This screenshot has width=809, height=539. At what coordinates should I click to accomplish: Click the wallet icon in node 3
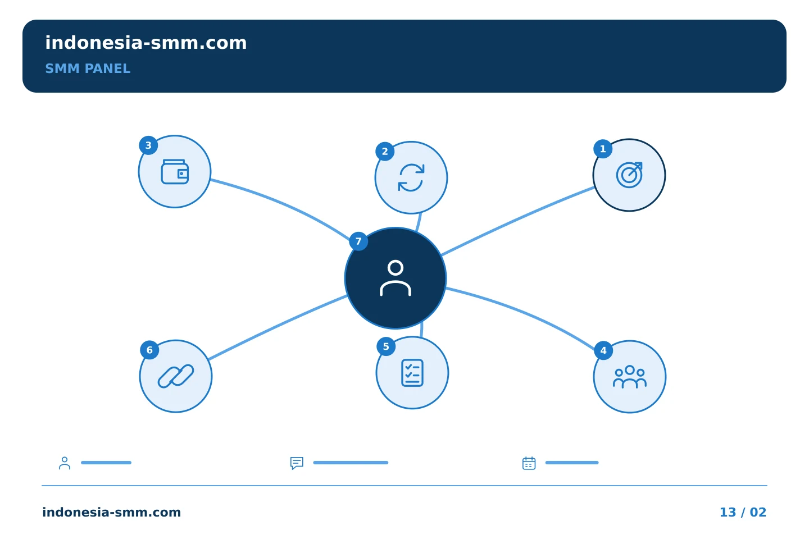175,172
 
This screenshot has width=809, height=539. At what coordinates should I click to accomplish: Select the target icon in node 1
629,175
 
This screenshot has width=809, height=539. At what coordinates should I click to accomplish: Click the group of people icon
629,377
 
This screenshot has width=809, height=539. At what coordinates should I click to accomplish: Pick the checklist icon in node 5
412,373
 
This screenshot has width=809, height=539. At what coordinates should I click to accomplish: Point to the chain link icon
176,376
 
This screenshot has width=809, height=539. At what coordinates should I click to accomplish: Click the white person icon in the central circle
396,278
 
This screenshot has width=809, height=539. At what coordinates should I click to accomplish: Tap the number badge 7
358,241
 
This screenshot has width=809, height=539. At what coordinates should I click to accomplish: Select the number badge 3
148,145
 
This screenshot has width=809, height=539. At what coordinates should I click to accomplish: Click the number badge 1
603,149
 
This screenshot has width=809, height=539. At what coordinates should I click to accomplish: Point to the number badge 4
603,350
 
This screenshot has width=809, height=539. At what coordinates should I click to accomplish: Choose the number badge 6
149,350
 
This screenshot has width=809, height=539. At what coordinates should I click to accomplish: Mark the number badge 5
386,346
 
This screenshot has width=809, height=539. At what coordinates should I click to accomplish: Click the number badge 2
385,152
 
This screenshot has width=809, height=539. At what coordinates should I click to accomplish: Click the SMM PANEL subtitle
88,68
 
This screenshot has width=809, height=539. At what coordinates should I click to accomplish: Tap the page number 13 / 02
743,512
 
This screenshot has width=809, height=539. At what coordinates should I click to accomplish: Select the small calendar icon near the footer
529,463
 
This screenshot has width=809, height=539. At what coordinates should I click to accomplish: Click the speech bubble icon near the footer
297,463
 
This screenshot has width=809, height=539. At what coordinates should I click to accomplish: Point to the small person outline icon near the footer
65,463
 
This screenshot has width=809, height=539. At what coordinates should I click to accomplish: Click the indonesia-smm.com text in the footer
112,512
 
